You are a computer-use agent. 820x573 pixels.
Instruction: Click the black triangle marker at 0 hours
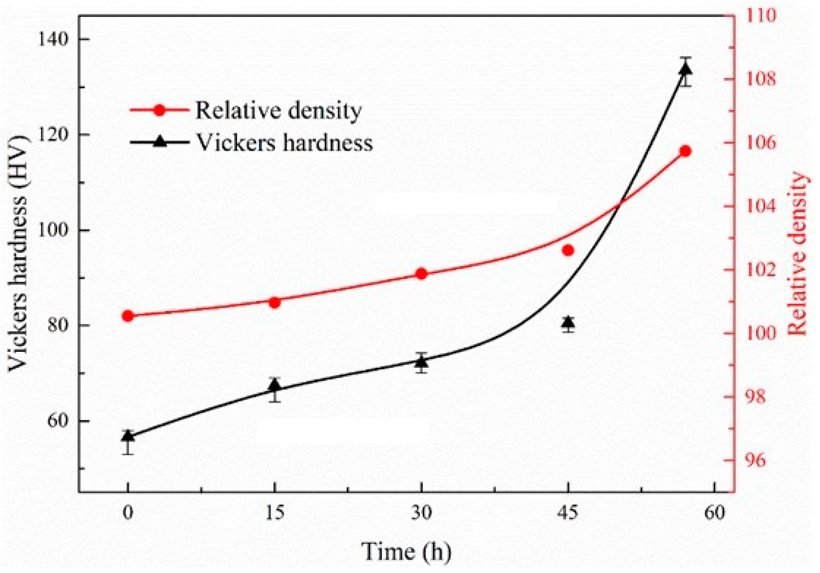[x=128, y=436]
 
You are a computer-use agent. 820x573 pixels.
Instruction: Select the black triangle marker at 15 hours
[x=275, y=386]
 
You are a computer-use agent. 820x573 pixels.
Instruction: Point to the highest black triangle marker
[x=685, y=69]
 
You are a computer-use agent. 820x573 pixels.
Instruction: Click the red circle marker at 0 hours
[x=128, y=316]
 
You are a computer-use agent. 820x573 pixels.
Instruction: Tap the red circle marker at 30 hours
[x=421, y=274]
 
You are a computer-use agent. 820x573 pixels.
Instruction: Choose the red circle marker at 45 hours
[x=568, y=250]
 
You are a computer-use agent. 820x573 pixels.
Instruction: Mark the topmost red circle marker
[x=685, y=151]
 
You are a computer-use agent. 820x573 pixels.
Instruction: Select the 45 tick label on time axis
[x=568, y=514]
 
